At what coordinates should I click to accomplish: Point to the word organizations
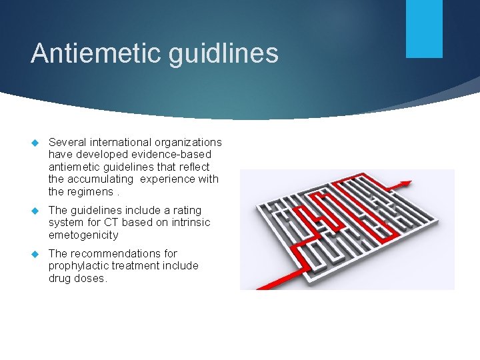[189, 142]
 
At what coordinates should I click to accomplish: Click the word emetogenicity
[83, 235]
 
